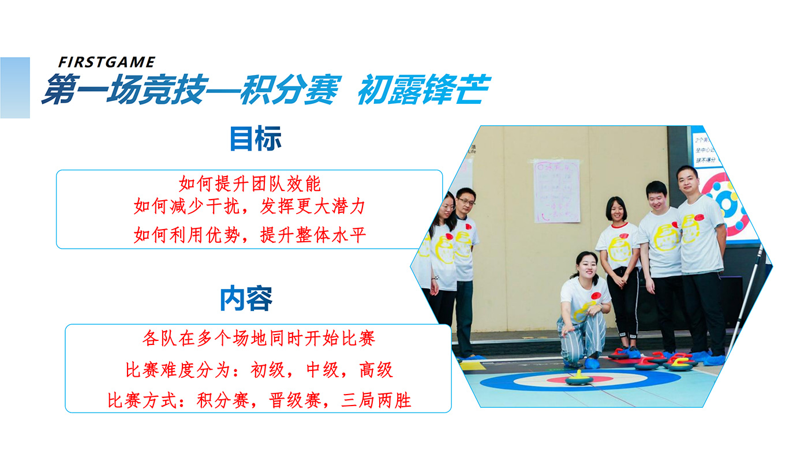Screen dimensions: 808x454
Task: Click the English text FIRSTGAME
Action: pyautogui.click(x=106, y=62)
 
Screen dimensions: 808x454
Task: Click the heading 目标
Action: pyautogui.click(x=255, y=138)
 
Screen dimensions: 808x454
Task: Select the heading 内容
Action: pyautogui.click(x=246, y=298)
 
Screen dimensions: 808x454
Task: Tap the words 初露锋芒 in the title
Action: pyautogui.click(x=424, y=89)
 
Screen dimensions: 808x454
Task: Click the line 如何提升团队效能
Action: pyautogui.click(x=249, y=183)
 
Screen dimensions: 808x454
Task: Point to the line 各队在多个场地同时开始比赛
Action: pyautogui.click(x=259, y=338)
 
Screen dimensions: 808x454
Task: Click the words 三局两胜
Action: pyautogui.click(x=376, y=400)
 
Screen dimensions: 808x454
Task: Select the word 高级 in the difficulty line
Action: pyautogui.click(x=376, y=370)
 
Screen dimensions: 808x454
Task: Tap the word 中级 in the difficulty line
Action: pyautogui.click(x=323, y=370)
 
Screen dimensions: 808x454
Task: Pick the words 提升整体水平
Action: pyautogui.click(x=313, y=235)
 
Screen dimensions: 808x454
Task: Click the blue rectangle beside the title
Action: pyautogui.click(x=15, y=88)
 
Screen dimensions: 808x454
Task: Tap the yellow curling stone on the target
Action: pyautogui.click(x=578, y=378)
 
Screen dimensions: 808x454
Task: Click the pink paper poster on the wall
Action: pyautogui.click(x=556, y=191)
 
